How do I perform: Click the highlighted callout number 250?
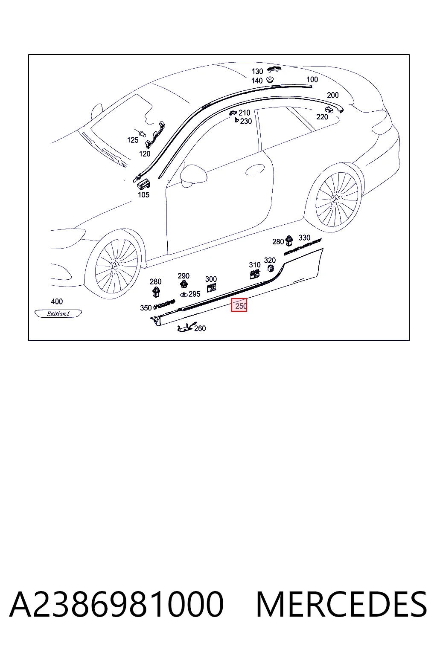click(x=241, y=306)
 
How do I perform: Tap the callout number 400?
click(x=57, y=301)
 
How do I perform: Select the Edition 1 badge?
click(x=58, y=314)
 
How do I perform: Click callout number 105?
click(x=144, y=195)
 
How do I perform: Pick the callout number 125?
click(x=133, y=140)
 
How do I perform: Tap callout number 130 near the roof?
click(x=257, y=71)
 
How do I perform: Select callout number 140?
click(x=257, y=81)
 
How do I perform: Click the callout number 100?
click(x=312, y=79)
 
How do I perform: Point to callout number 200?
click(x=333, y=95)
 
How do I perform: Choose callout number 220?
click(x=322, y=117)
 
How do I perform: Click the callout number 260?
click(x=200, y=328)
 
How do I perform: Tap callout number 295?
click(x=194, y=294)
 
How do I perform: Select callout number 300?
click(x=211, y=279)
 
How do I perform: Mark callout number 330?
click(x=304, y=238)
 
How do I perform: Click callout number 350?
click(x=146, y=307)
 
